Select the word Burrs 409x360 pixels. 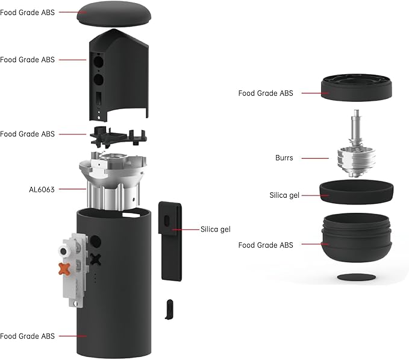(284, 158)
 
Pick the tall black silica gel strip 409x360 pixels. (170, 238)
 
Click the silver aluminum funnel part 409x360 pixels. (113, 181)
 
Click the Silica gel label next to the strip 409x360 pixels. (216, 229)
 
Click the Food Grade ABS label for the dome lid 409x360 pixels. (28, 12)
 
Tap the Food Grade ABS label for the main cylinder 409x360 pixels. (28, 336)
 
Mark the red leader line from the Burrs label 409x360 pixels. (315, 159)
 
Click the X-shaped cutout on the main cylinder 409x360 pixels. (95, 259)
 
